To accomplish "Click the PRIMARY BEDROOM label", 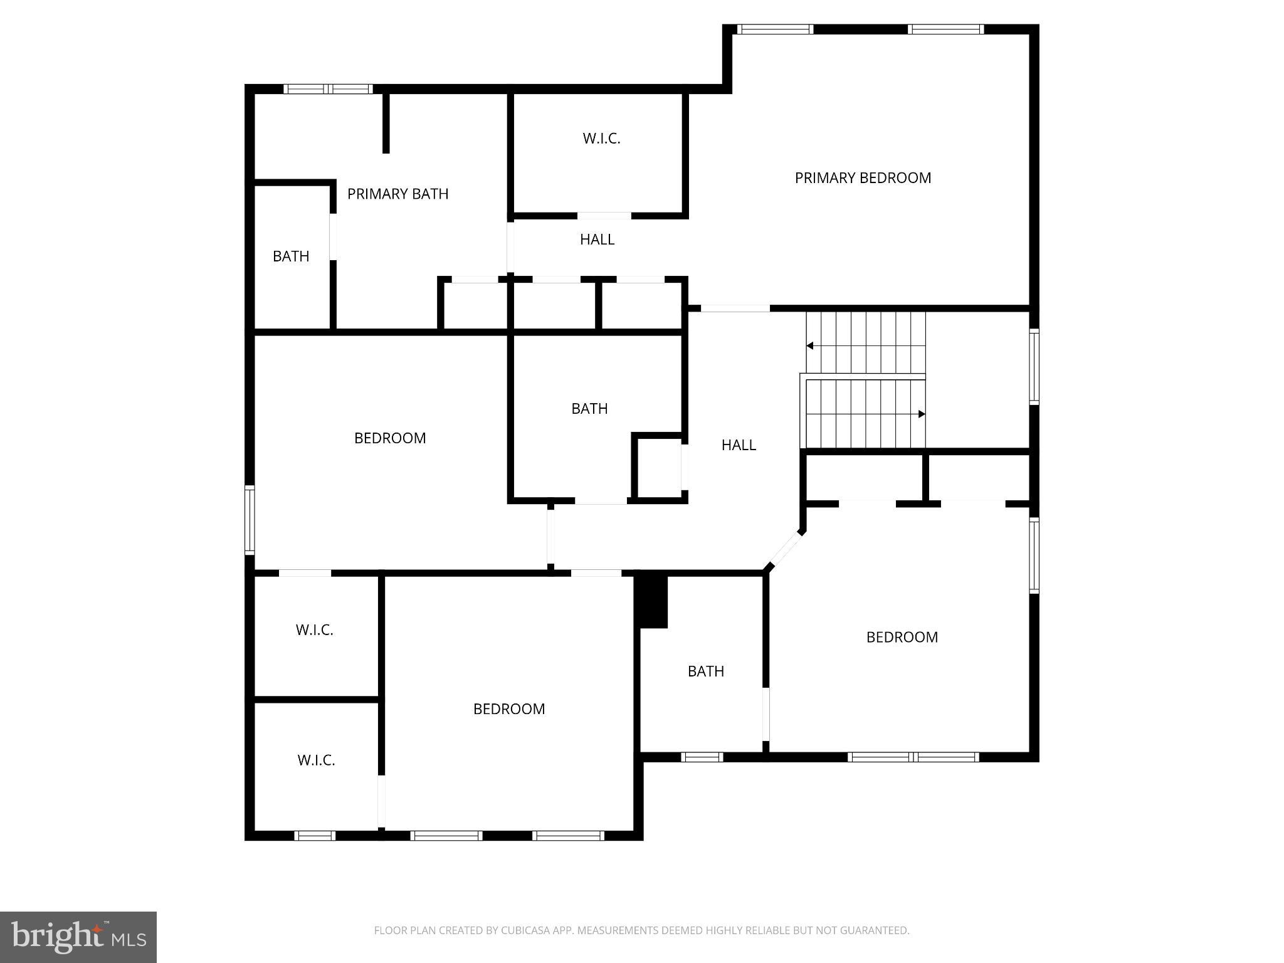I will point(863,178).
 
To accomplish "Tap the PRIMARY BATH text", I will point(397,194).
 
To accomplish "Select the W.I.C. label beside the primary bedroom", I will point(601,139).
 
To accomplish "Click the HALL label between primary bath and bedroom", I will point(597,239).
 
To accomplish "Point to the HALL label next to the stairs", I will point(739,445).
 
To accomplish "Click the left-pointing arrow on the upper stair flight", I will point(810,345).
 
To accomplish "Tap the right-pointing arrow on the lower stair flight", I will point(922,414).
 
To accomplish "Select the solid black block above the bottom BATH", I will point(652,601).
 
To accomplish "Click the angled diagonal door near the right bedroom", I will point(784,550).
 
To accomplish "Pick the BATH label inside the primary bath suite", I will point(291,256).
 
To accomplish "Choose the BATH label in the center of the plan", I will point(589,409).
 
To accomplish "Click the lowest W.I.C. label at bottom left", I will point(316,760).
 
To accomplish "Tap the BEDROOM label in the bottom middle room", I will point(508,709).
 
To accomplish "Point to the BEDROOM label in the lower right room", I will point(902,638).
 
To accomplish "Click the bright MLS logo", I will point(78,937).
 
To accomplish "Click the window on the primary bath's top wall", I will point(328,90).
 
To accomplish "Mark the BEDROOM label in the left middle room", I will point(390,438).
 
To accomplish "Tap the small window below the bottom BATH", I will point(702,757).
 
